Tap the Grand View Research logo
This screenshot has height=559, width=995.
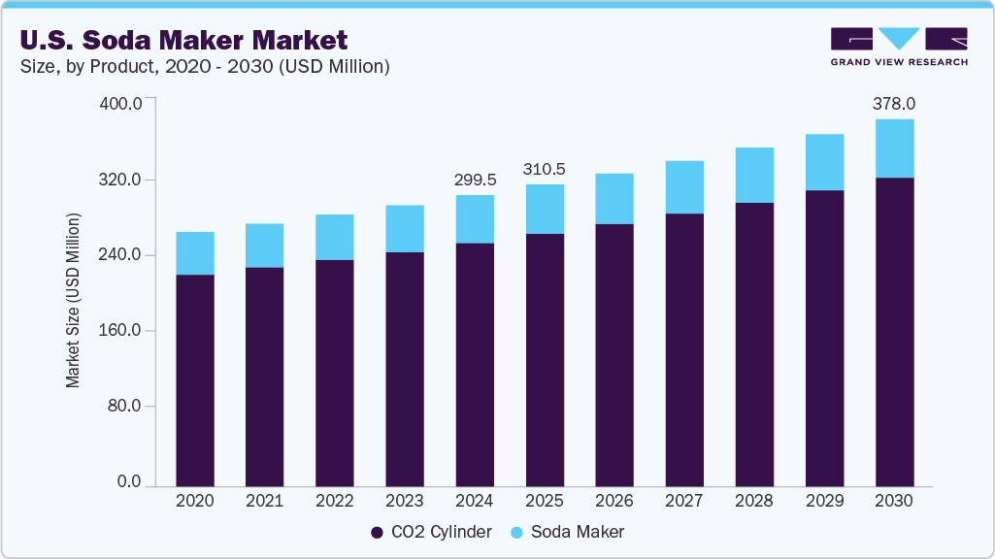click(899, 46)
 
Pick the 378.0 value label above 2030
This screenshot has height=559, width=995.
click(893, 103)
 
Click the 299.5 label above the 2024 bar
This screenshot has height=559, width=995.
click(475, 180)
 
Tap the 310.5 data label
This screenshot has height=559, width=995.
click(544, 169)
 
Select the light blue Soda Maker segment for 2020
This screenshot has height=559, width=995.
click(195, 253)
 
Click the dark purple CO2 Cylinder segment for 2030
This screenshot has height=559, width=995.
click(894, 330)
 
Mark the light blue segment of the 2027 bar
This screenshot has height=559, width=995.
click(684, 187)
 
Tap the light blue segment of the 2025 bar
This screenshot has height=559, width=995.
click(545, 209)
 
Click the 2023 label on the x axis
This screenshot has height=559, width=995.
click(405, 502)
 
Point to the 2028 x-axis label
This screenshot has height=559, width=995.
click(754, 502)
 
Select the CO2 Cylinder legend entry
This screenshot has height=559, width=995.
click(431, 532)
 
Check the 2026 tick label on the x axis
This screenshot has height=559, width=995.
click(614, 502)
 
